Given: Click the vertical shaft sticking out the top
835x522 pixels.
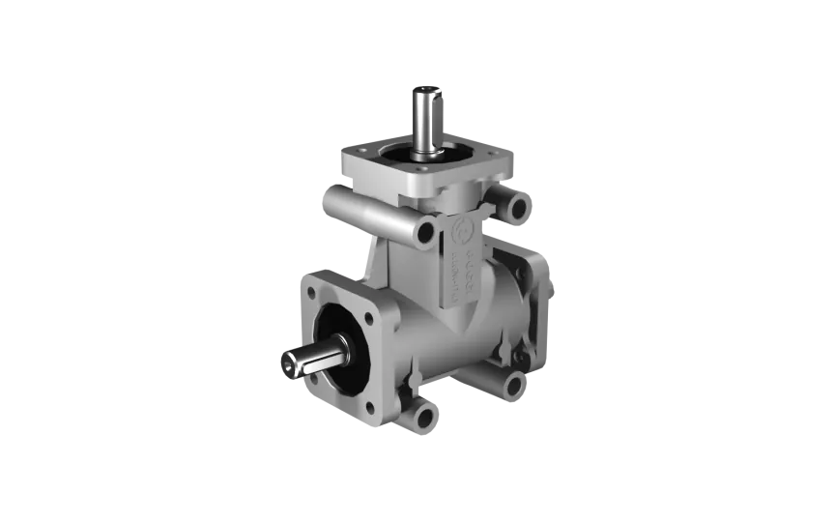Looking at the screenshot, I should (x=425, y=121).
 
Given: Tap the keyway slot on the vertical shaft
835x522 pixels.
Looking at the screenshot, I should (x=439, y=96).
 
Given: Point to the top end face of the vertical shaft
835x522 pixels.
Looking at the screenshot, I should (x=427, y=90).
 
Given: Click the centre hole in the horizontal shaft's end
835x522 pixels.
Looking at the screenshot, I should (x=287, y=363).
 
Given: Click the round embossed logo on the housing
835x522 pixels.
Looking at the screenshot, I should (x=462, y=229).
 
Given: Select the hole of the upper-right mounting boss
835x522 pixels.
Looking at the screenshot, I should (x=518, y=207).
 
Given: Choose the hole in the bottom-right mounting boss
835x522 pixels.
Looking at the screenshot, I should (x=512, y=387).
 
